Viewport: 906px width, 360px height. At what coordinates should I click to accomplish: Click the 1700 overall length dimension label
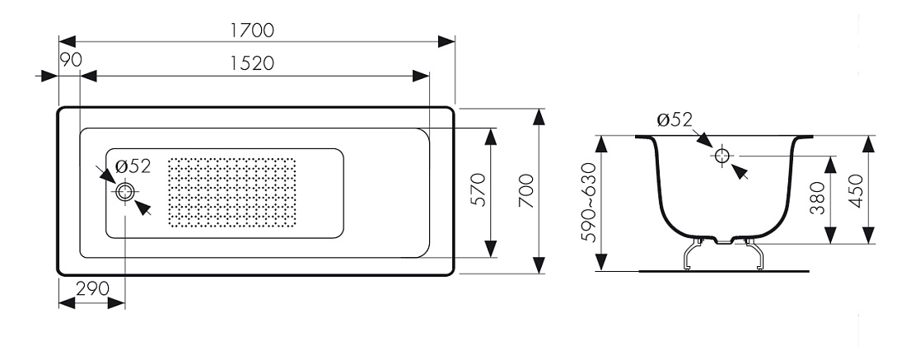252,30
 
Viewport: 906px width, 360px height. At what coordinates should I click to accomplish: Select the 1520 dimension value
252,63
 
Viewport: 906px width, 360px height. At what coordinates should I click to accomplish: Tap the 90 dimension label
71,59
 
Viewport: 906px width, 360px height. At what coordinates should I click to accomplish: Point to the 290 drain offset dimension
92,288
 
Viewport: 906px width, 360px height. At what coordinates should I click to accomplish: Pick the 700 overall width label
525,190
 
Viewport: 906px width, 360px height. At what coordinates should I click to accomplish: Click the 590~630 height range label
587,203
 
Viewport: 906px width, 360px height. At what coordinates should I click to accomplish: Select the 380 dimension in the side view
817,198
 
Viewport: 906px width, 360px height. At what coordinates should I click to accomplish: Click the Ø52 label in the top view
133,166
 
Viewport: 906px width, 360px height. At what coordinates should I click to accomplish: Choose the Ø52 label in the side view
675,119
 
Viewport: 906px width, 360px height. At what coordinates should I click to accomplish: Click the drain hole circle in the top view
125,192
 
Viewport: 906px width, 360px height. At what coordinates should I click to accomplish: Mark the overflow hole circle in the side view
722,156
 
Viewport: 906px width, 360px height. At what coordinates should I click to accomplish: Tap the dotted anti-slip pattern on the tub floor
231,192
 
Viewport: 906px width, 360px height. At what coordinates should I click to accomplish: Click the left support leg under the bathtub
693,254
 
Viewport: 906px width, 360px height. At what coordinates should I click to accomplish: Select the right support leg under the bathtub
754,254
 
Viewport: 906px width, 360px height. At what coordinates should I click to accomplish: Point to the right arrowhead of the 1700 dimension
446,42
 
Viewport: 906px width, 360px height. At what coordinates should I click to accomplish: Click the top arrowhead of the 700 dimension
539,117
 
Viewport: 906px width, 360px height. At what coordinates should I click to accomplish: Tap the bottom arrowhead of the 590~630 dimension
601,262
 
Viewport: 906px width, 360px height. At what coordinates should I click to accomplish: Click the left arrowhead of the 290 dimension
68,303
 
